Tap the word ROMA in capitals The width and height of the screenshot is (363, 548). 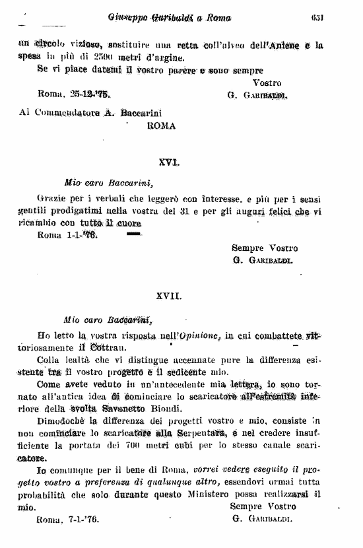(x=161, y=125)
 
